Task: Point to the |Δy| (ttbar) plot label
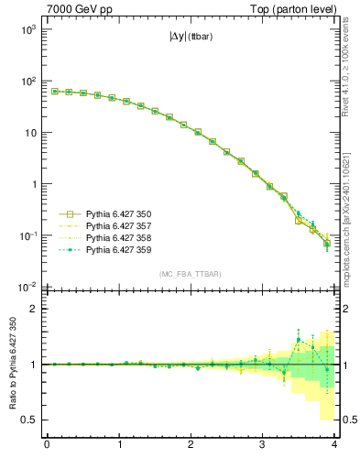tap(192, 40)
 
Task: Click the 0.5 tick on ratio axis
tap(29, 420)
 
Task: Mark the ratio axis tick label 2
tap(33, 309)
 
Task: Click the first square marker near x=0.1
tap(54, 92)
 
